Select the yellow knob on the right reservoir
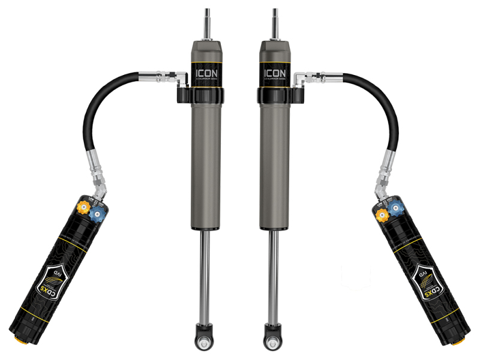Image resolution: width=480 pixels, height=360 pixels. (380, 211)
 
